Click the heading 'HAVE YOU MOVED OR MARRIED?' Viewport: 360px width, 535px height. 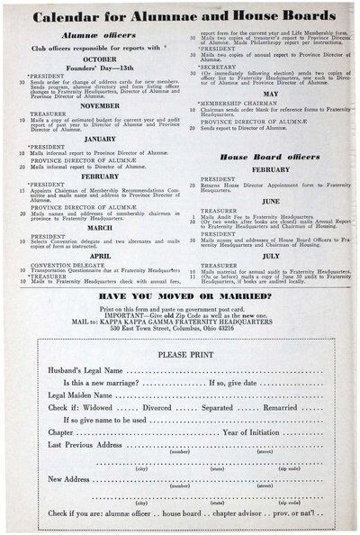180,295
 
